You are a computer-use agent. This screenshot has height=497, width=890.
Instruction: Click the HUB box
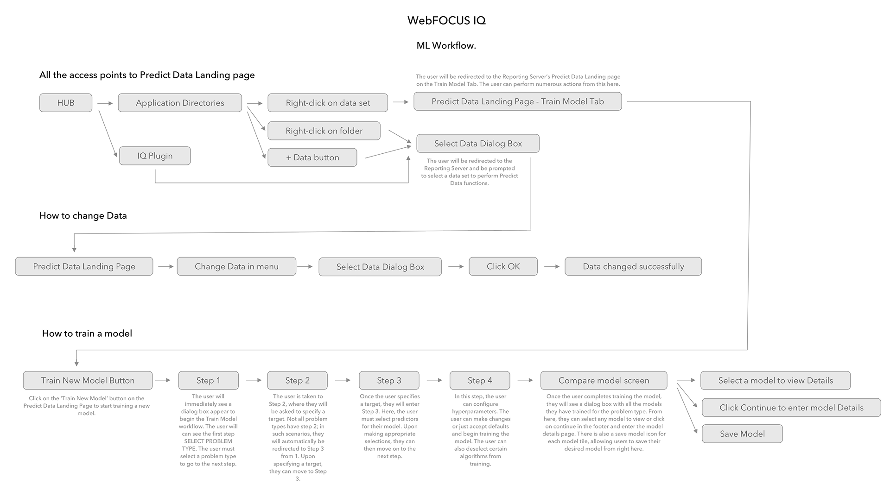[x=66, y=103]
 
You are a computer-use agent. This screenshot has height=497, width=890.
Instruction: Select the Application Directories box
[x=180, y=103]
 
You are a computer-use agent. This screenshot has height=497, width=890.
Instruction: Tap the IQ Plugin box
[x=155, y=156]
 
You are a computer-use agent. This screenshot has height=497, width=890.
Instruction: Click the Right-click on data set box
[x=328, y=103]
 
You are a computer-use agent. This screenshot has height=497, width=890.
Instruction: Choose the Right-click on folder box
[x=324, y=131]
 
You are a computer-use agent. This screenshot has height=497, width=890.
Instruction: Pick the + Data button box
[x=312, y=157]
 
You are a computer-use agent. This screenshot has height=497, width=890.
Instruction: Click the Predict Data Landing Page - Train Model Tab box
[x=517, y=101]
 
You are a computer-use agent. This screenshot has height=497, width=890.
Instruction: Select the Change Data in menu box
[x=236, y=266]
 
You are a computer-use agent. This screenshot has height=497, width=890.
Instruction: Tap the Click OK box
[x=503, y=266]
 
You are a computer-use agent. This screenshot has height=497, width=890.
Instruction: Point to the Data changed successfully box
[x=633, y=266]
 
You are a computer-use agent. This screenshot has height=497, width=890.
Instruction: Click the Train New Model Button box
[x=88, y=380]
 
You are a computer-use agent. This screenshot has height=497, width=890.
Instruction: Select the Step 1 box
[x=208, y=380]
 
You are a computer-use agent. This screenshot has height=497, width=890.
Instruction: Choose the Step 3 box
[x=389, y=380]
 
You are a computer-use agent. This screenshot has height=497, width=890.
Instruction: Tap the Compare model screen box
[x=604, y=380]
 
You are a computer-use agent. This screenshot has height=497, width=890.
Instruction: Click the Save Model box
[x=742, y=434]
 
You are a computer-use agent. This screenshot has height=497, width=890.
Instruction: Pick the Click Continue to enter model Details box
[x=791, y=408]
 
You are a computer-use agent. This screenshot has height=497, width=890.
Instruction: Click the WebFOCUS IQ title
[x=446, y=20]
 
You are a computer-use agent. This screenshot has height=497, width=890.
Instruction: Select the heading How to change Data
[x=83, y=215]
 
